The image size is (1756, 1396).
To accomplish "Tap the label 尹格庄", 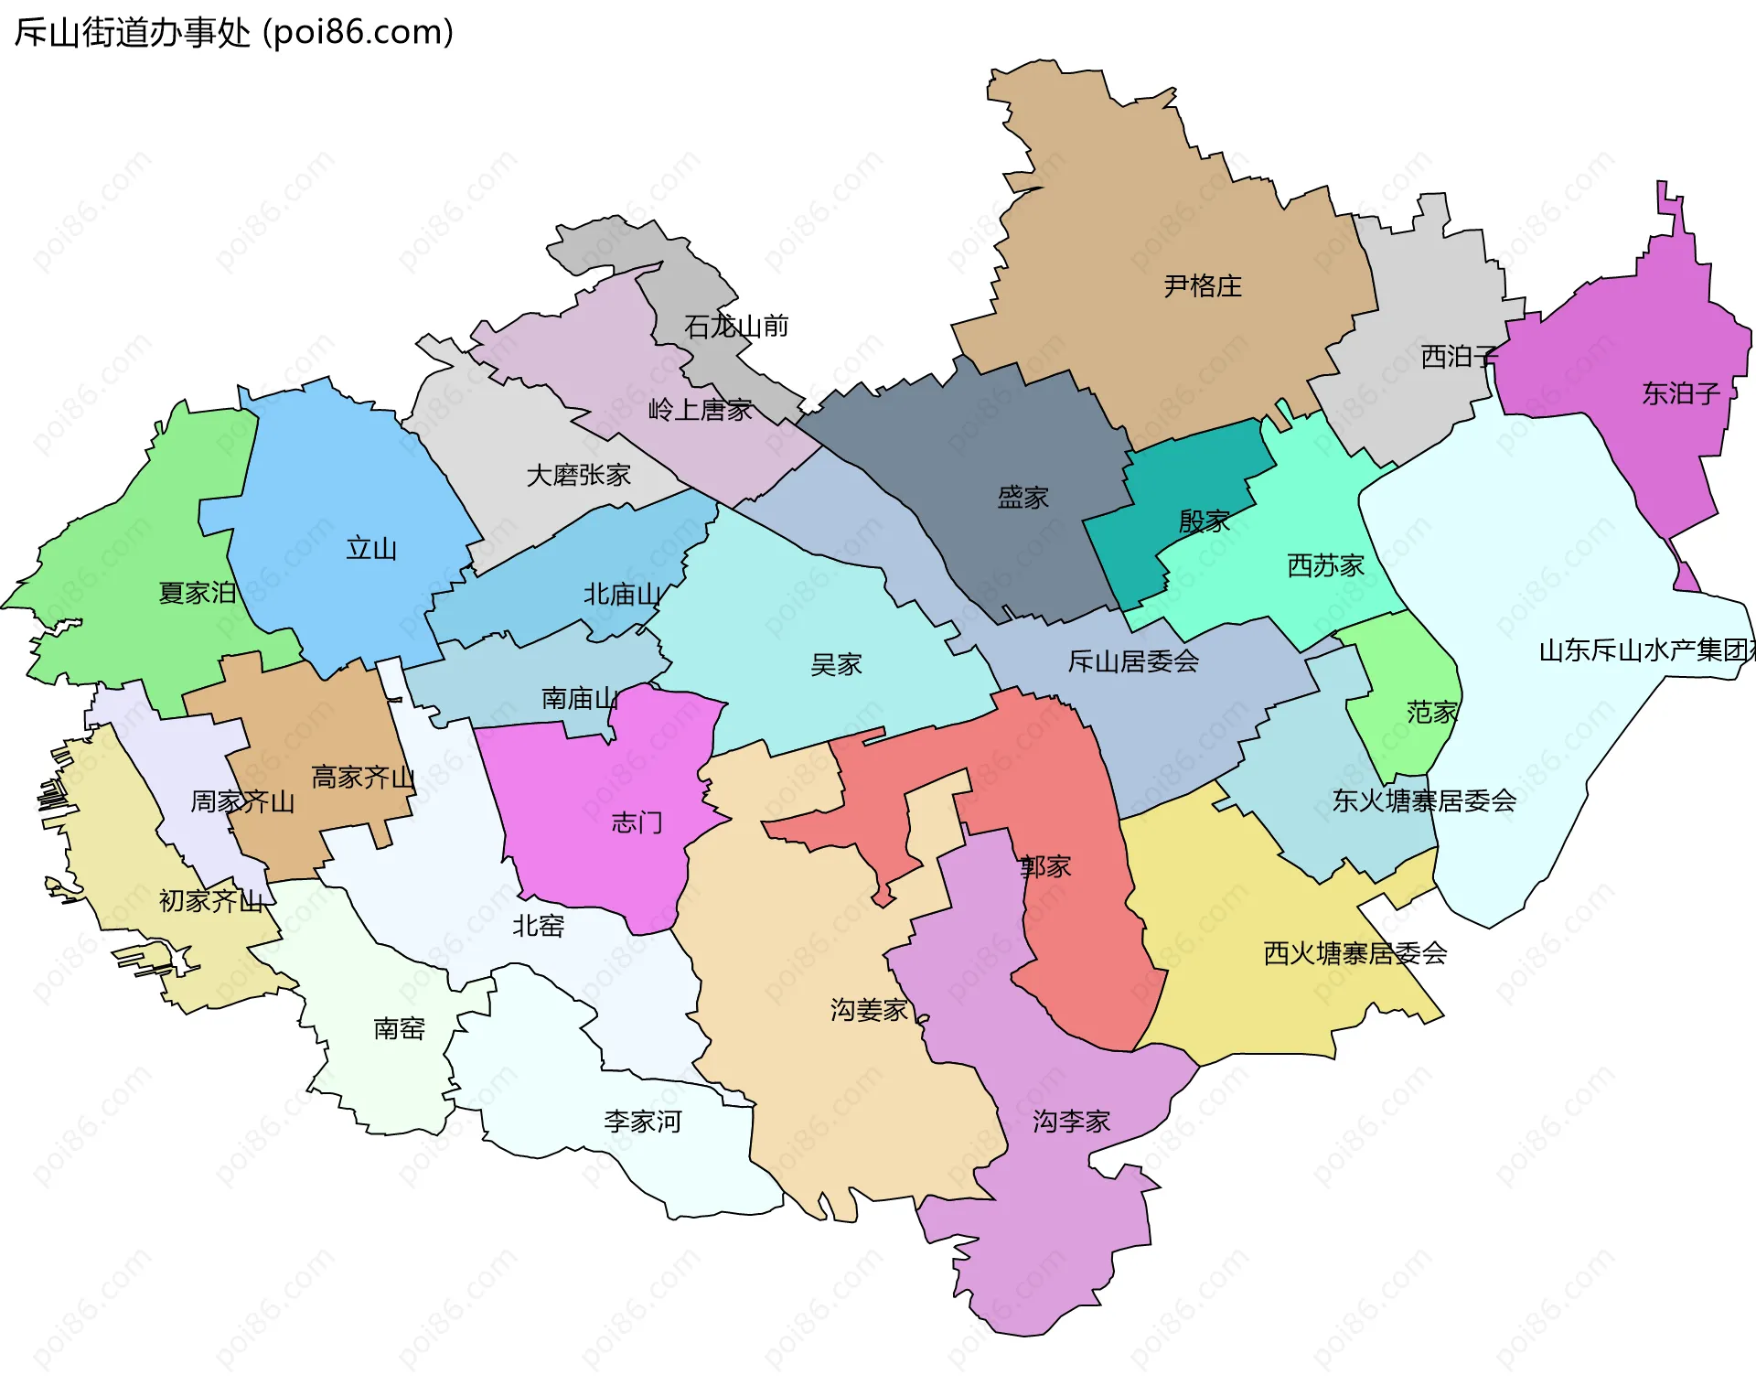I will pos(1203,286).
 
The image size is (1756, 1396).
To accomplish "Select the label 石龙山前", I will pos(736,326).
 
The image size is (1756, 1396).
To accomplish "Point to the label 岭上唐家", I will pos(700,410).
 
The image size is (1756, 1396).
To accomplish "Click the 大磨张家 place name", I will pos(578,475).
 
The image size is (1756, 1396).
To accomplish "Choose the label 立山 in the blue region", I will pos(371,549).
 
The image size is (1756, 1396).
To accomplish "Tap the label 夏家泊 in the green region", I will pos(198,593).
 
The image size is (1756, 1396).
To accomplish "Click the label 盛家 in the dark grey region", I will pos(1023,498).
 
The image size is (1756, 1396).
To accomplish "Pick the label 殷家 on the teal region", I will pos(1205,521).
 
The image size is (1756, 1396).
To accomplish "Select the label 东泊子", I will pos(1681,393).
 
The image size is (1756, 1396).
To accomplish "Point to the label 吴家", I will pos(836,664).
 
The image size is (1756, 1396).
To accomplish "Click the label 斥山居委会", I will pos(1133,660).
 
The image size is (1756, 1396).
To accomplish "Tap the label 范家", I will pos(1432,712).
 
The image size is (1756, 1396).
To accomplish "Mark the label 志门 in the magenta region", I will pos(637,822).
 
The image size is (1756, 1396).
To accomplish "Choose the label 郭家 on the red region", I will pos(1045,866).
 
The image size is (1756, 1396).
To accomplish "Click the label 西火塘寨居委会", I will pos(1354,953).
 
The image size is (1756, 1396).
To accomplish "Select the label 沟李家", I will pos(1071,1121).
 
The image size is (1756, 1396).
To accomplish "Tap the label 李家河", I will pos(642,1121).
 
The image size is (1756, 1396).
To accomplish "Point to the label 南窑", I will pos(399,1028).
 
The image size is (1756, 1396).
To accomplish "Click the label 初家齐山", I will pos(211,901).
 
